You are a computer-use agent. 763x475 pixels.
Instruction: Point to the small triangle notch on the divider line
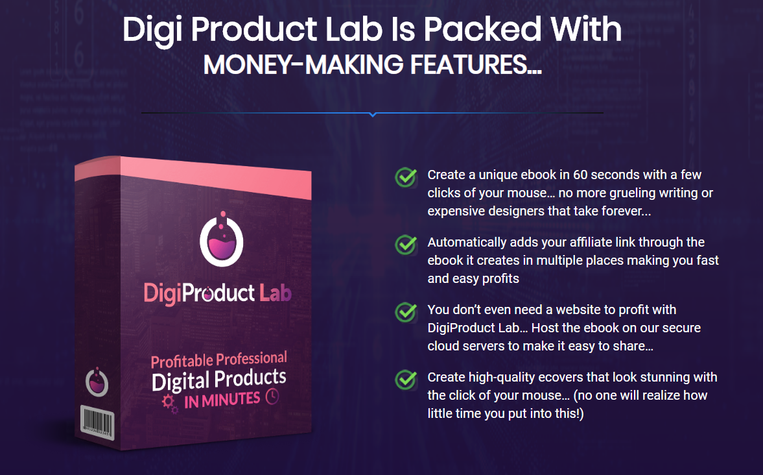[372, 115]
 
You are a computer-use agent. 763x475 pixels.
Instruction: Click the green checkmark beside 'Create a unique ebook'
[406, 177]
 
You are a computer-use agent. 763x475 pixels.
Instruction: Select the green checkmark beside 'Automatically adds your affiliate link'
[406, 244]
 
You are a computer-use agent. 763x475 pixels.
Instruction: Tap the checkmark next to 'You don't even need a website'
[406, 311]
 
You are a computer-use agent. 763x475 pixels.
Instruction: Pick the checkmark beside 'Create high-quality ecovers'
[406, 379]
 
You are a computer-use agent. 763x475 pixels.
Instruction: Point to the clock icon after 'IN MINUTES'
[272, 396]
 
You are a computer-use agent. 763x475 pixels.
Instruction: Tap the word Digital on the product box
[182, 381]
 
